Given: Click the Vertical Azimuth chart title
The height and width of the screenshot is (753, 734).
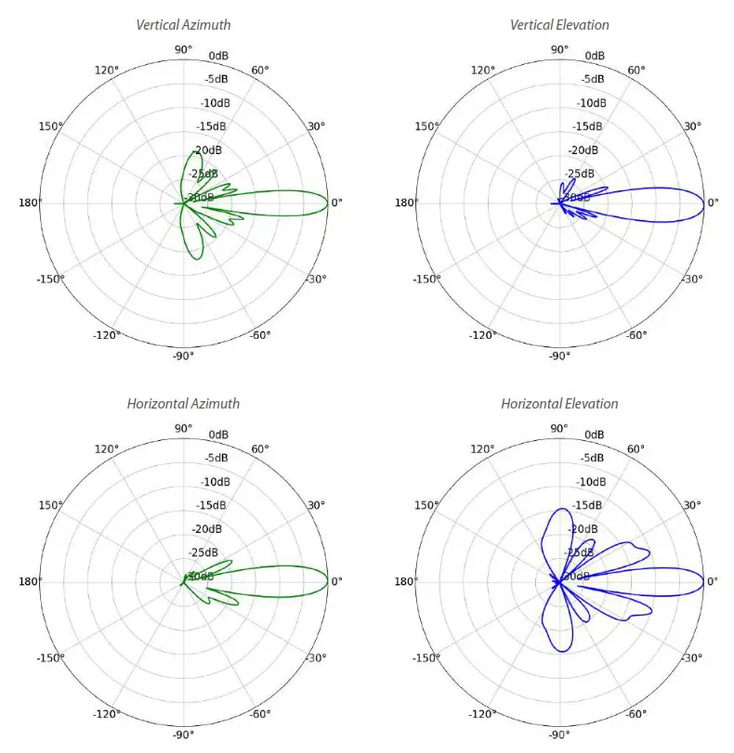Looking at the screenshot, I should pyautogui.click(x=183, y=25).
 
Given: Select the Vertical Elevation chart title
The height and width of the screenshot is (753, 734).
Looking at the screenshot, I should pyautogui.click(x=559, y=25).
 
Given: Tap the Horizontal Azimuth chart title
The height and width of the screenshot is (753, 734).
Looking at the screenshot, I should pyautogui.click(x=183, y=404).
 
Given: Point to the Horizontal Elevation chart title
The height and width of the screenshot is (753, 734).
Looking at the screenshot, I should pyautogui.click(x=559, y=404).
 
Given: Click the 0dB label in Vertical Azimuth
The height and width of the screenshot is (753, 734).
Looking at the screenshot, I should pyautogui.click(x=218, y=56).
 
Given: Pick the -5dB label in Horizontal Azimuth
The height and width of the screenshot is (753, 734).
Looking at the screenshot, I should pyautogui.click(x=216, y=458).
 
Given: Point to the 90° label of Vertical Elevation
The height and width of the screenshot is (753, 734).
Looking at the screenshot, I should pyautogui.click(x=559, y=49).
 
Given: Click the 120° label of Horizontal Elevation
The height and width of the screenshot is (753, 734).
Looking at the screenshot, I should pyautogui.click(x=482, y=449).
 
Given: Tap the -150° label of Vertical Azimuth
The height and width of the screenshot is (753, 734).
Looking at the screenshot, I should pyautogui.click(x=50, y=279).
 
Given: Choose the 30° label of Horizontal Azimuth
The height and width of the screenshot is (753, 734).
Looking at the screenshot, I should pyautogui.click(x=317, y=505).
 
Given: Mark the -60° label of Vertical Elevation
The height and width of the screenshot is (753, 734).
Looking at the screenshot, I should pyautogui.click(x=636, y=336).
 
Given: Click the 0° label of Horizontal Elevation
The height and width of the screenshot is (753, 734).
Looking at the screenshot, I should pyautogui.click(x=714, y=581).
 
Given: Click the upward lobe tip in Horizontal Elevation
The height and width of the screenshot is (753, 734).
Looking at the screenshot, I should pyautogui.click(x=560, y=509).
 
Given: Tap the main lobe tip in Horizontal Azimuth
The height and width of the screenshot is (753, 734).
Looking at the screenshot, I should pyautogui.click(x=328, y=581).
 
